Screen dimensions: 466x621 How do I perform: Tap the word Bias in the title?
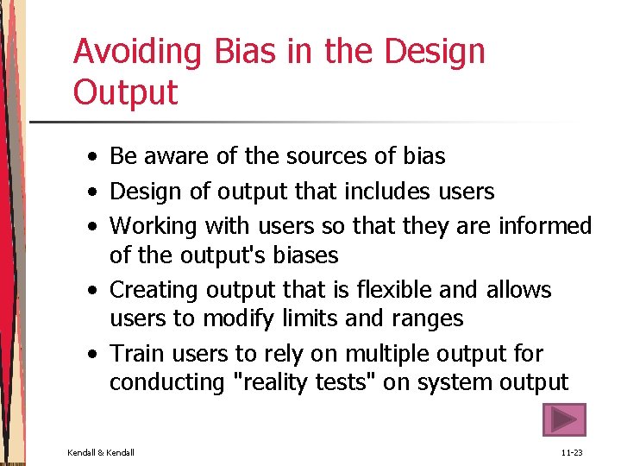coord(238,52)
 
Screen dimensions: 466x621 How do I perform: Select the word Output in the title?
coord(125,92)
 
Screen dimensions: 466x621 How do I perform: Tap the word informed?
coord(544,226)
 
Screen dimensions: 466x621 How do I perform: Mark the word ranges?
coord(425,318)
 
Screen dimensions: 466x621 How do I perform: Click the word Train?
coord(136,354)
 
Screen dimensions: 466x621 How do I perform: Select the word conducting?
coord(162,382)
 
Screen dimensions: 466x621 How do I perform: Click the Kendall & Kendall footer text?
coord(101,452)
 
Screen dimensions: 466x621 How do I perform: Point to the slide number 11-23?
coord(572,452)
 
